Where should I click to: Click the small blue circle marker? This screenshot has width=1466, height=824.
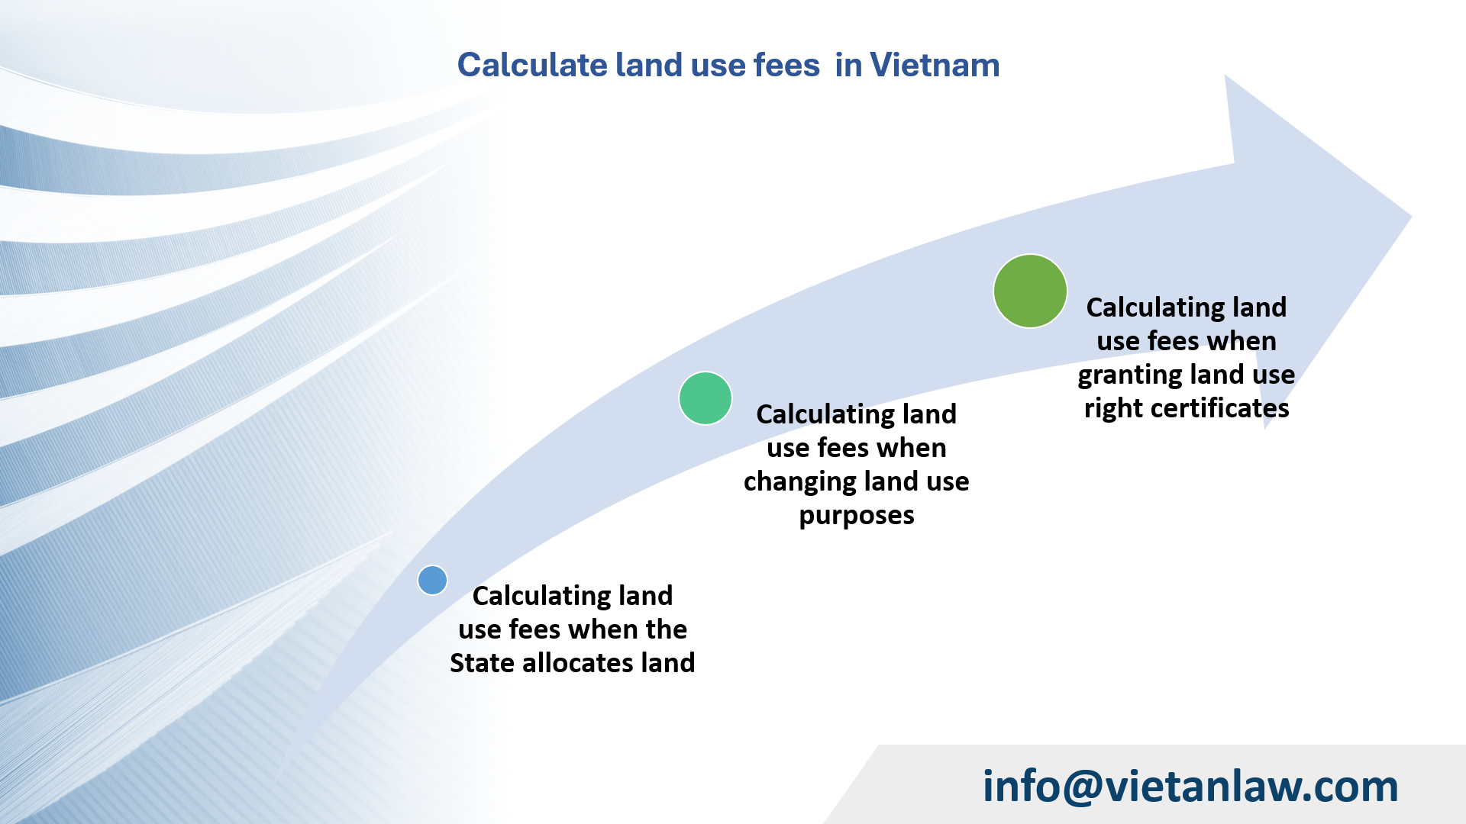(432, 580)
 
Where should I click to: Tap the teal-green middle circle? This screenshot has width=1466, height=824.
(706, 398)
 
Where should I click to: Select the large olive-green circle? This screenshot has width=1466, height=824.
(1030, 291)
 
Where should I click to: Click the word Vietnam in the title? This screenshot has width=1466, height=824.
(935, 65)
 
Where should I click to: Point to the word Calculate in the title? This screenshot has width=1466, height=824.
(531, 65)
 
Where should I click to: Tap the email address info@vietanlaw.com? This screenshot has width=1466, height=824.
(1190, 786)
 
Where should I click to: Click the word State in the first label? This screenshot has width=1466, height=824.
(482, 663)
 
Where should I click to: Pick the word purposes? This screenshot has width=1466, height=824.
(857, 516)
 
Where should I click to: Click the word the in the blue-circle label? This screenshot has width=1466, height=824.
(666, 629)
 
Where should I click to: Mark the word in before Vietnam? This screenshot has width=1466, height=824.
(848, 65)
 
